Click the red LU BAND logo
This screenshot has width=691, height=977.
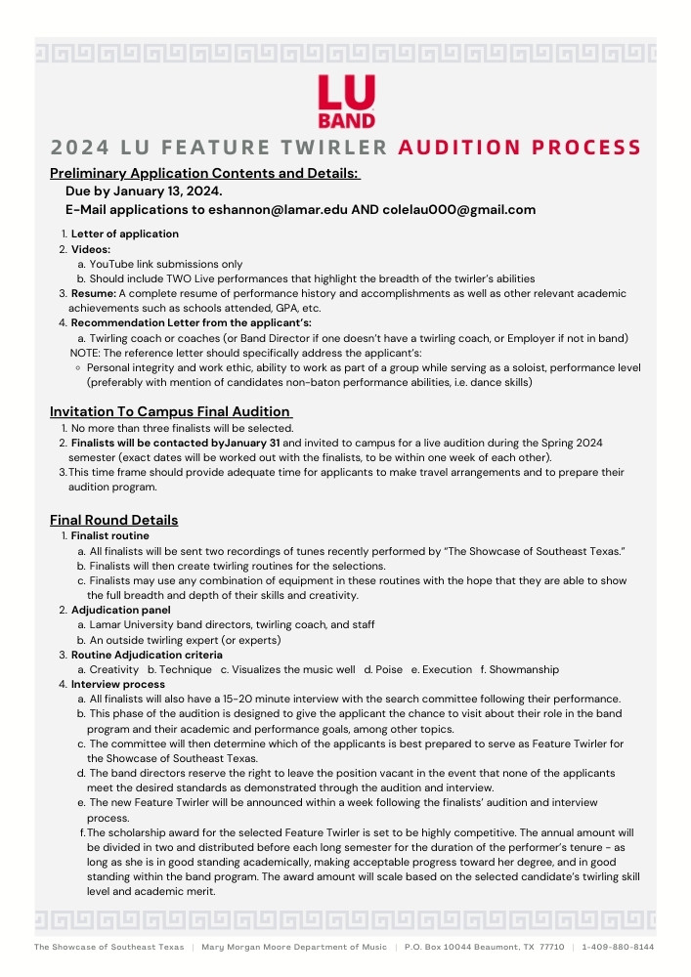(x=346, y=103)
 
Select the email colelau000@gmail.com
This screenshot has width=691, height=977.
(x=459, y=209)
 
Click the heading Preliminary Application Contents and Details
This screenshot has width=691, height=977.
(x=204, y=174)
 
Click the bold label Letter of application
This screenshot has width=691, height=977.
(x=124, y=234)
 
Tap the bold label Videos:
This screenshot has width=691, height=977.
(x=91, y=249)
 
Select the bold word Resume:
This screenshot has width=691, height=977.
(x=94, y=293)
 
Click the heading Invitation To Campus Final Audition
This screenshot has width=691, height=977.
(x=170, y=411)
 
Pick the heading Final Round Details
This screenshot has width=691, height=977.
(x=113, y=520)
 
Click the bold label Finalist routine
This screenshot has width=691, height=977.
(x=110, y=536)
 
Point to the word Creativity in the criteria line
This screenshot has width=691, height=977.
(x=113, y=669)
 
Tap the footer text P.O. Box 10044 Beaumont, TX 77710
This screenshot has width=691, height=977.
(x=484, y=947)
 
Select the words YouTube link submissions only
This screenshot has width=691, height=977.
(x=166, y=264)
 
